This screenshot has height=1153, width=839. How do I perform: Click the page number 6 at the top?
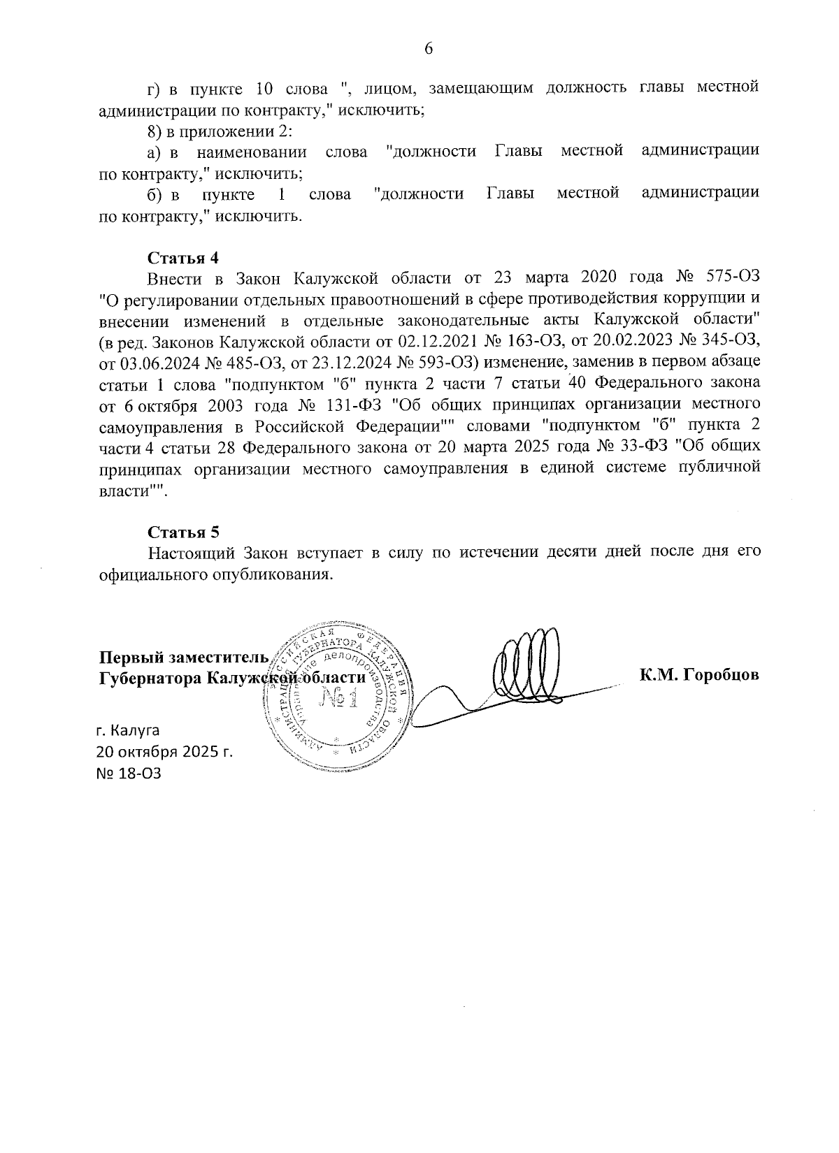click(x=429, y=48)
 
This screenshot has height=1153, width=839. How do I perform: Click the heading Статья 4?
click(x=183, y=257)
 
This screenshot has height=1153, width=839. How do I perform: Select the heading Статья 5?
click(x=183, y=532)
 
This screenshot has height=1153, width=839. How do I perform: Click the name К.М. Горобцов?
click(x=698, y=675)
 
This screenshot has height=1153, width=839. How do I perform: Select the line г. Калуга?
click(x=129, y=731)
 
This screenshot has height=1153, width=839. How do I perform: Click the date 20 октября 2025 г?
click(x=165, y=753)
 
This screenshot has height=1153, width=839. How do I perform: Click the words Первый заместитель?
click(x=183, y=658)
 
